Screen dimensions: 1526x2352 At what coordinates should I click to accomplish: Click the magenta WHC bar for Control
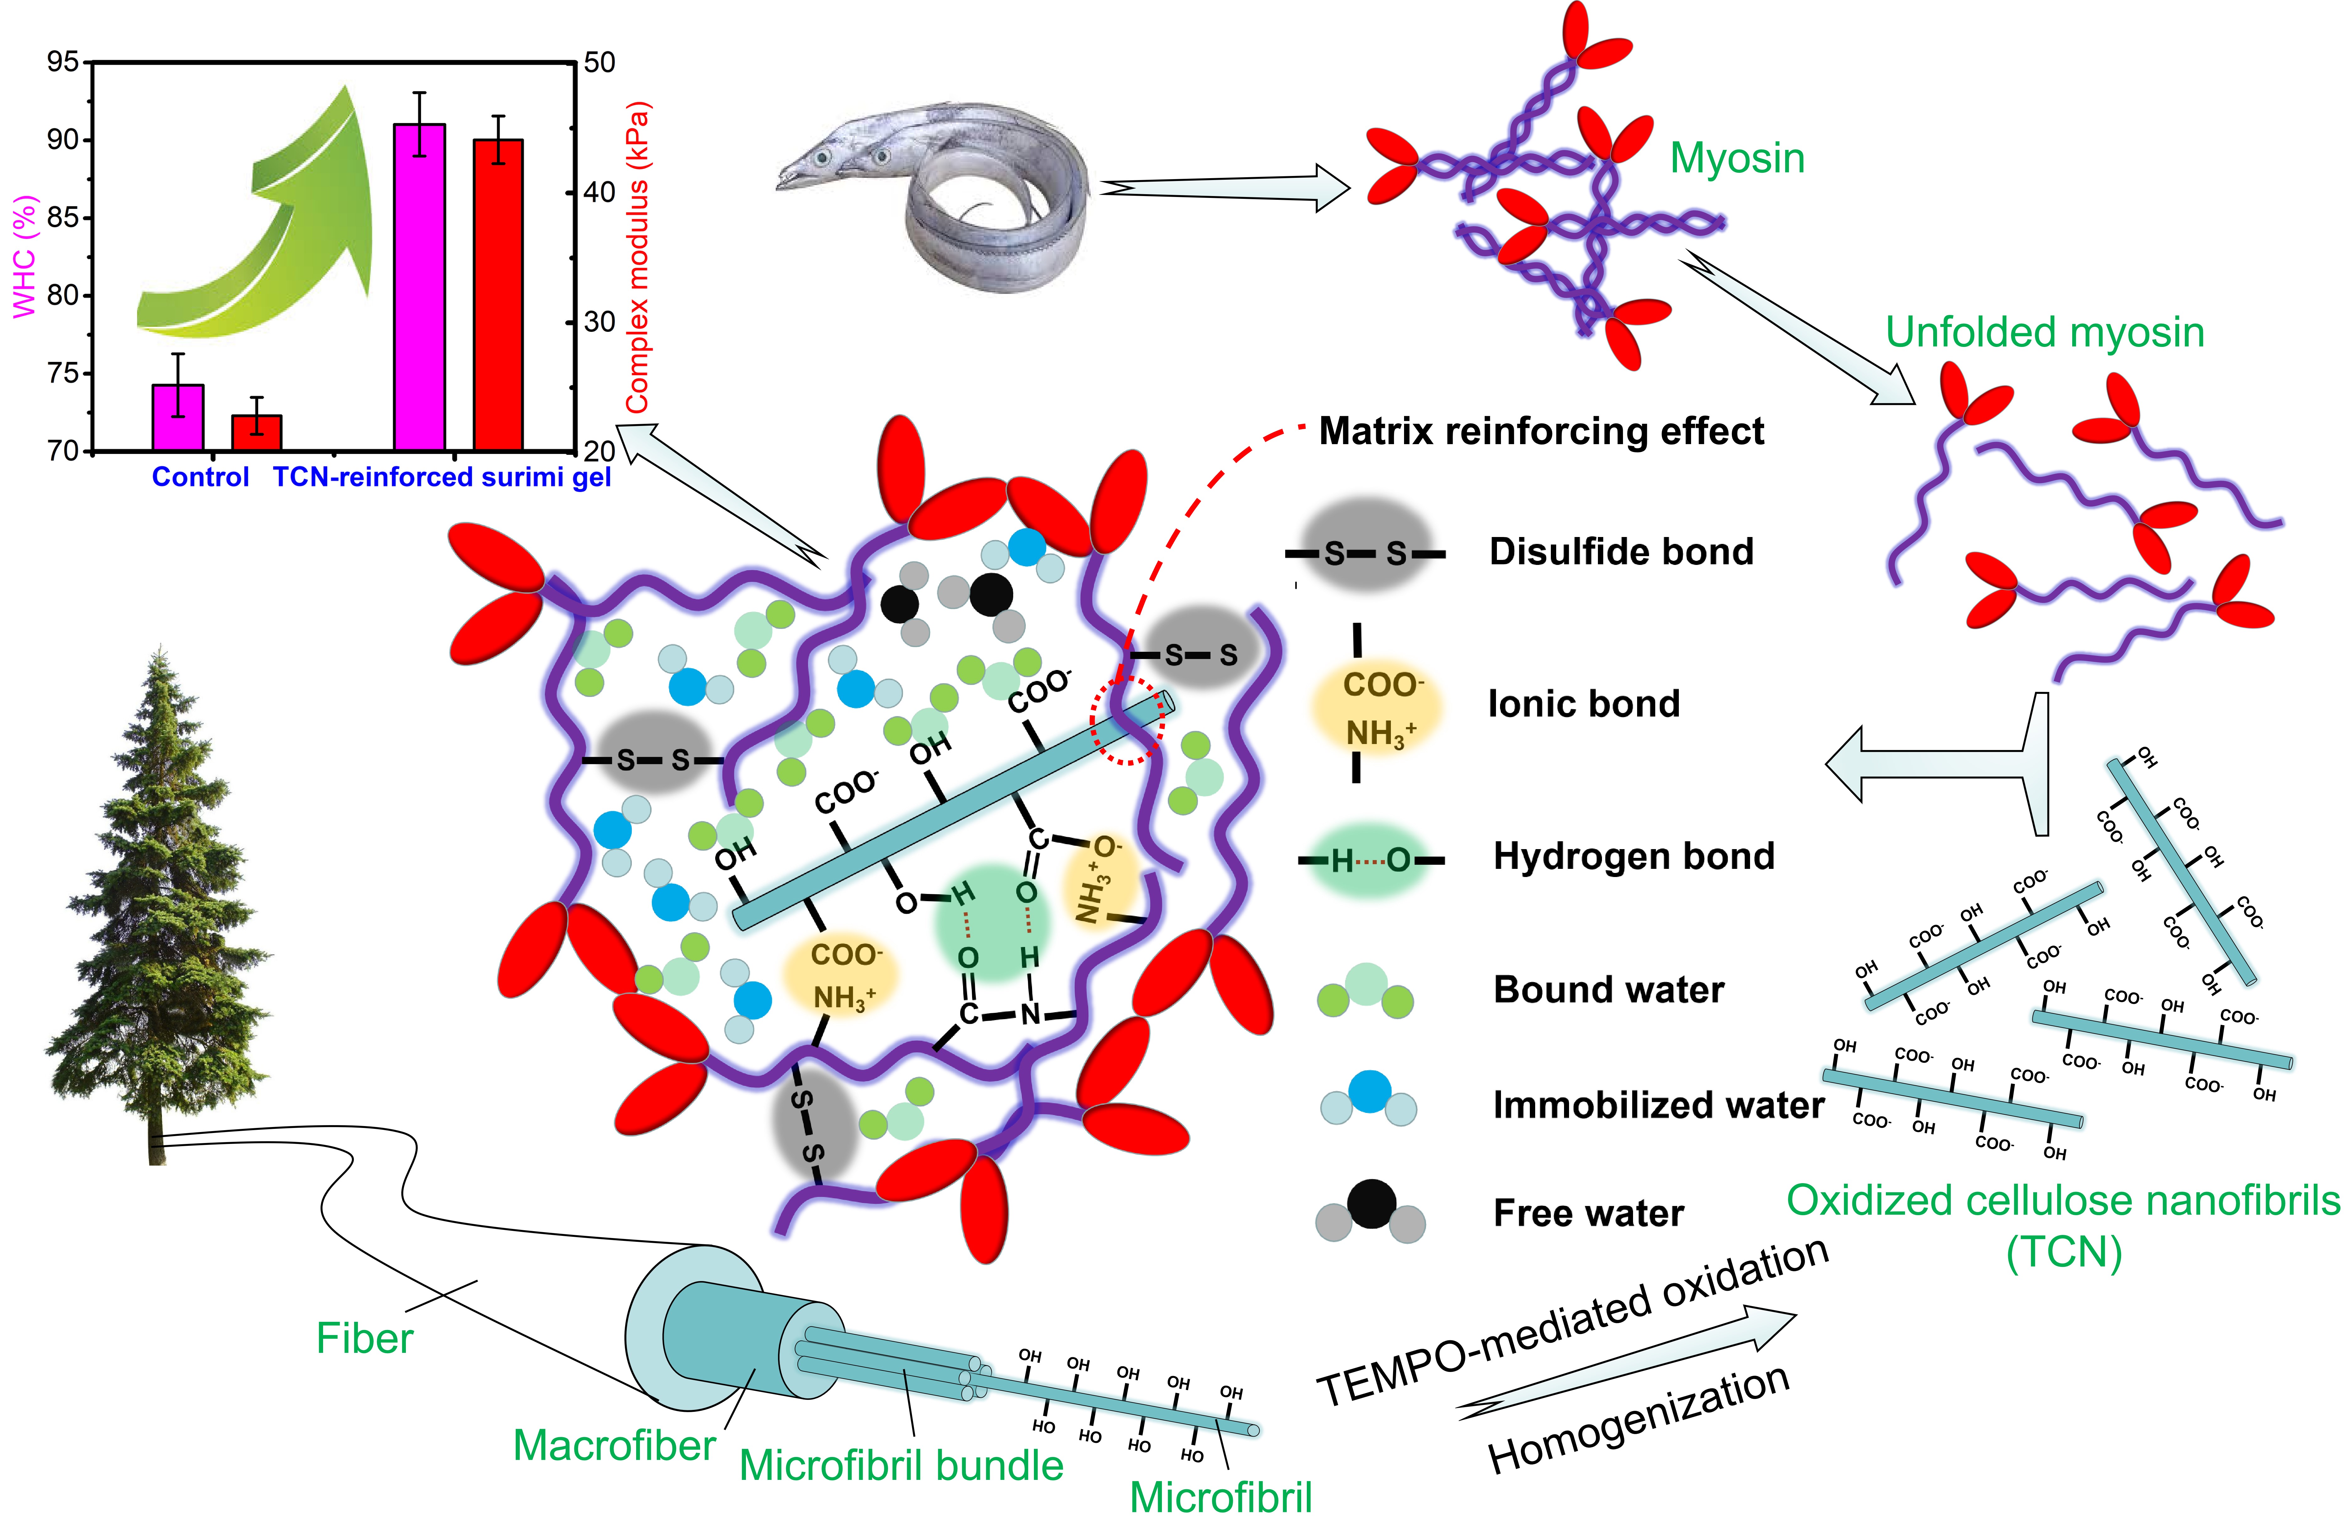[178, 418]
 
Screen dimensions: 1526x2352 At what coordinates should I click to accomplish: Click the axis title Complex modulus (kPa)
[637, 257]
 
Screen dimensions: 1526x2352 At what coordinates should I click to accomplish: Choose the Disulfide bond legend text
[1621, 551]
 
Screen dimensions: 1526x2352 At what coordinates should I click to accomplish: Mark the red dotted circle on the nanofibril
[1128, 720]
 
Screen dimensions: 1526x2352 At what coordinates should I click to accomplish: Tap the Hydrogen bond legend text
[1632, 856]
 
